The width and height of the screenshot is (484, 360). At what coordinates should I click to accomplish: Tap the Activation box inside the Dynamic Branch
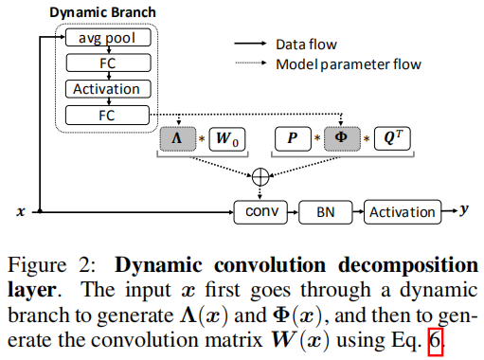coord(107,89)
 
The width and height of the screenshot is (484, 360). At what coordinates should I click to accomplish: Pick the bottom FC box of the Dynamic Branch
coord(107,116)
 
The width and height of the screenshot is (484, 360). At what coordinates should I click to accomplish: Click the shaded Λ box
coord(181,139)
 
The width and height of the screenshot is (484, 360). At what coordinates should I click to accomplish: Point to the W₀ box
coord(225,139)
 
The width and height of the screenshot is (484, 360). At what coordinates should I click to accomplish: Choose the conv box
coord(260,211)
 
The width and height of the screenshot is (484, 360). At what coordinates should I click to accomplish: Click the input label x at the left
coord(20,211)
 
